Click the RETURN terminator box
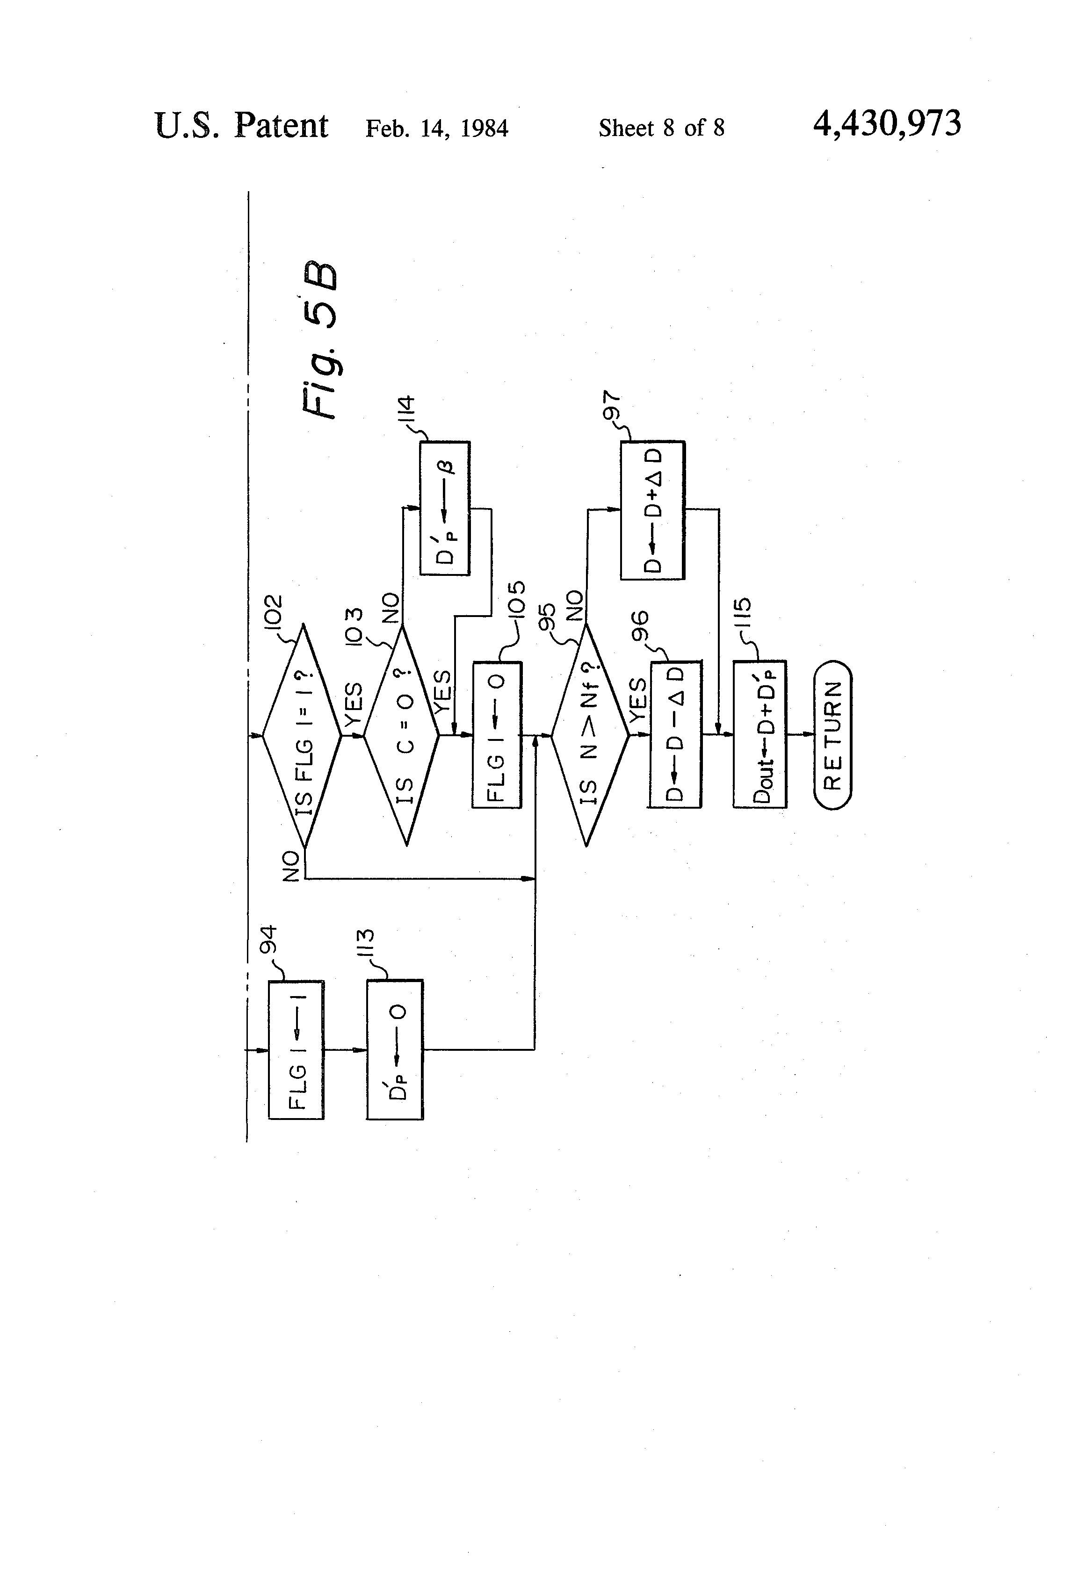pyautogui.click(x=832, y=735)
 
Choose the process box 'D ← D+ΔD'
pyautogui.click(x=652, y=510)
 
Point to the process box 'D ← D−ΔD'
pyautogui.click(x=676, y=735)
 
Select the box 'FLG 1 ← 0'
pyautogui.click(x=497, y=735)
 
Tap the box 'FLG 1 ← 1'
pyautogui.click(x=296, y=1049)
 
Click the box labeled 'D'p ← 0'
pyautogui.click(x=395, y=1049)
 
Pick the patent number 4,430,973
pyautogui.click(x=887, y=125)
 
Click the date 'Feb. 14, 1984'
pyautogui.click(x=437, y=128)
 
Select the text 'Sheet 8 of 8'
pyautogui.click(x=661, y=128)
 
